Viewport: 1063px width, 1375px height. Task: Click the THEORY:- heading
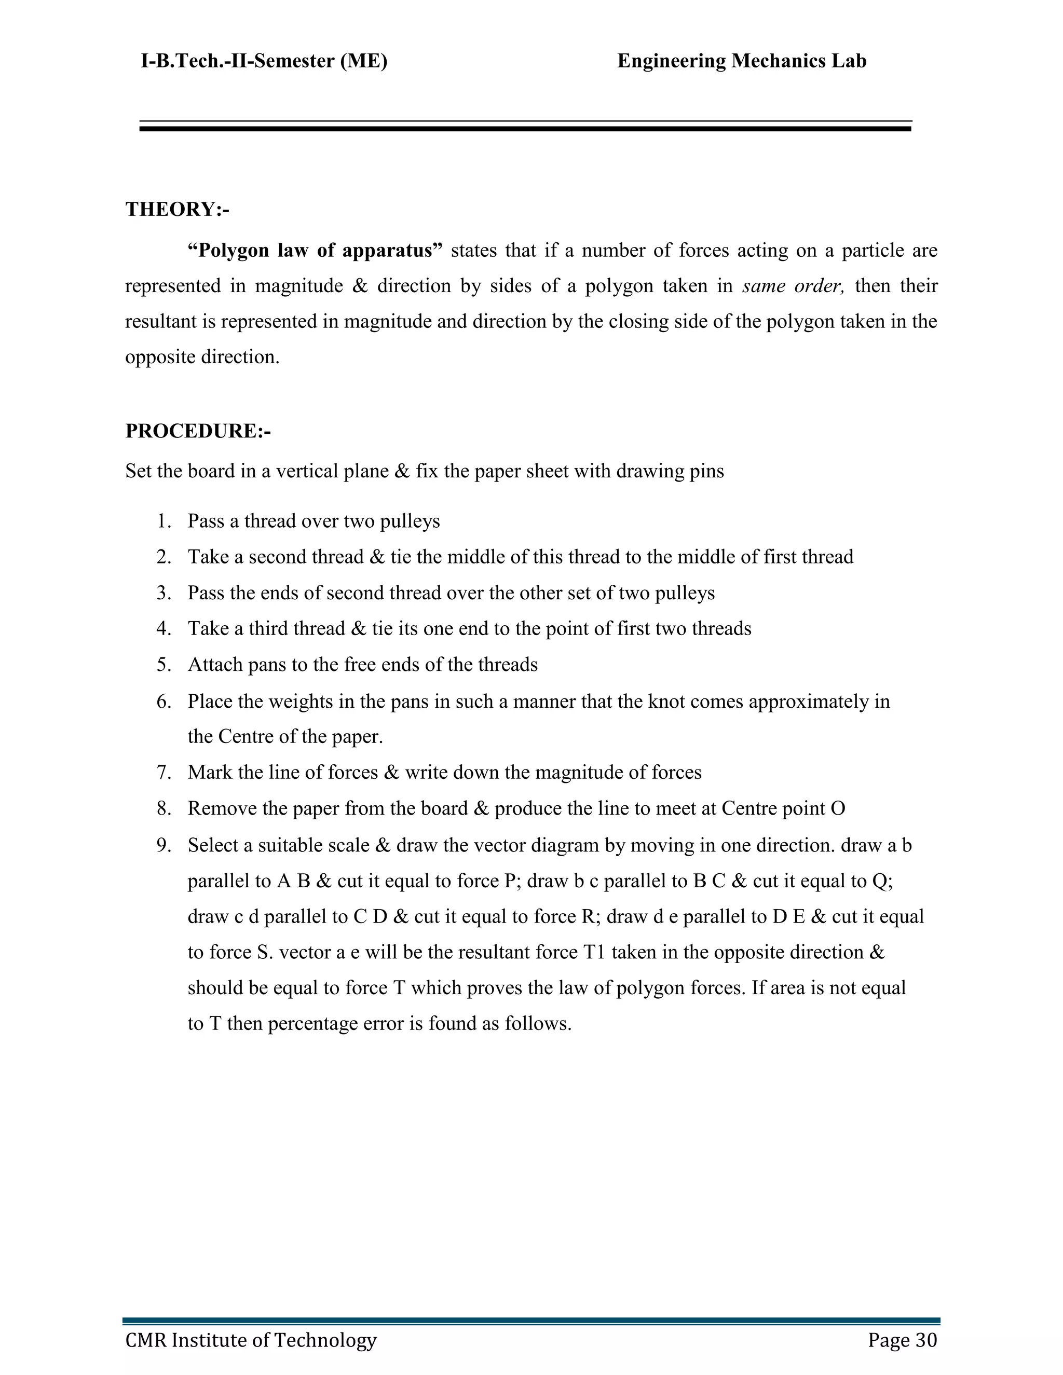click(177, 209)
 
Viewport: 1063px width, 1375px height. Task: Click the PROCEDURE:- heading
click(198, 431)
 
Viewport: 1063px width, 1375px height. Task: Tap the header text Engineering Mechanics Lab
click(741, 61)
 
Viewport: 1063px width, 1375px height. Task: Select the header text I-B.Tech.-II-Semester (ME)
click(264, 61)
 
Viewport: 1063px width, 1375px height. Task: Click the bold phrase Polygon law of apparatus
click(315, 251)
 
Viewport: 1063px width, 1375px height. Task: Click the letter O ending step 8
click(838, 808)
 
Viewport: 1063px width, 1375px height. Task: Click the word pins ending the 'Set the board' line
click(707, 472)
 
